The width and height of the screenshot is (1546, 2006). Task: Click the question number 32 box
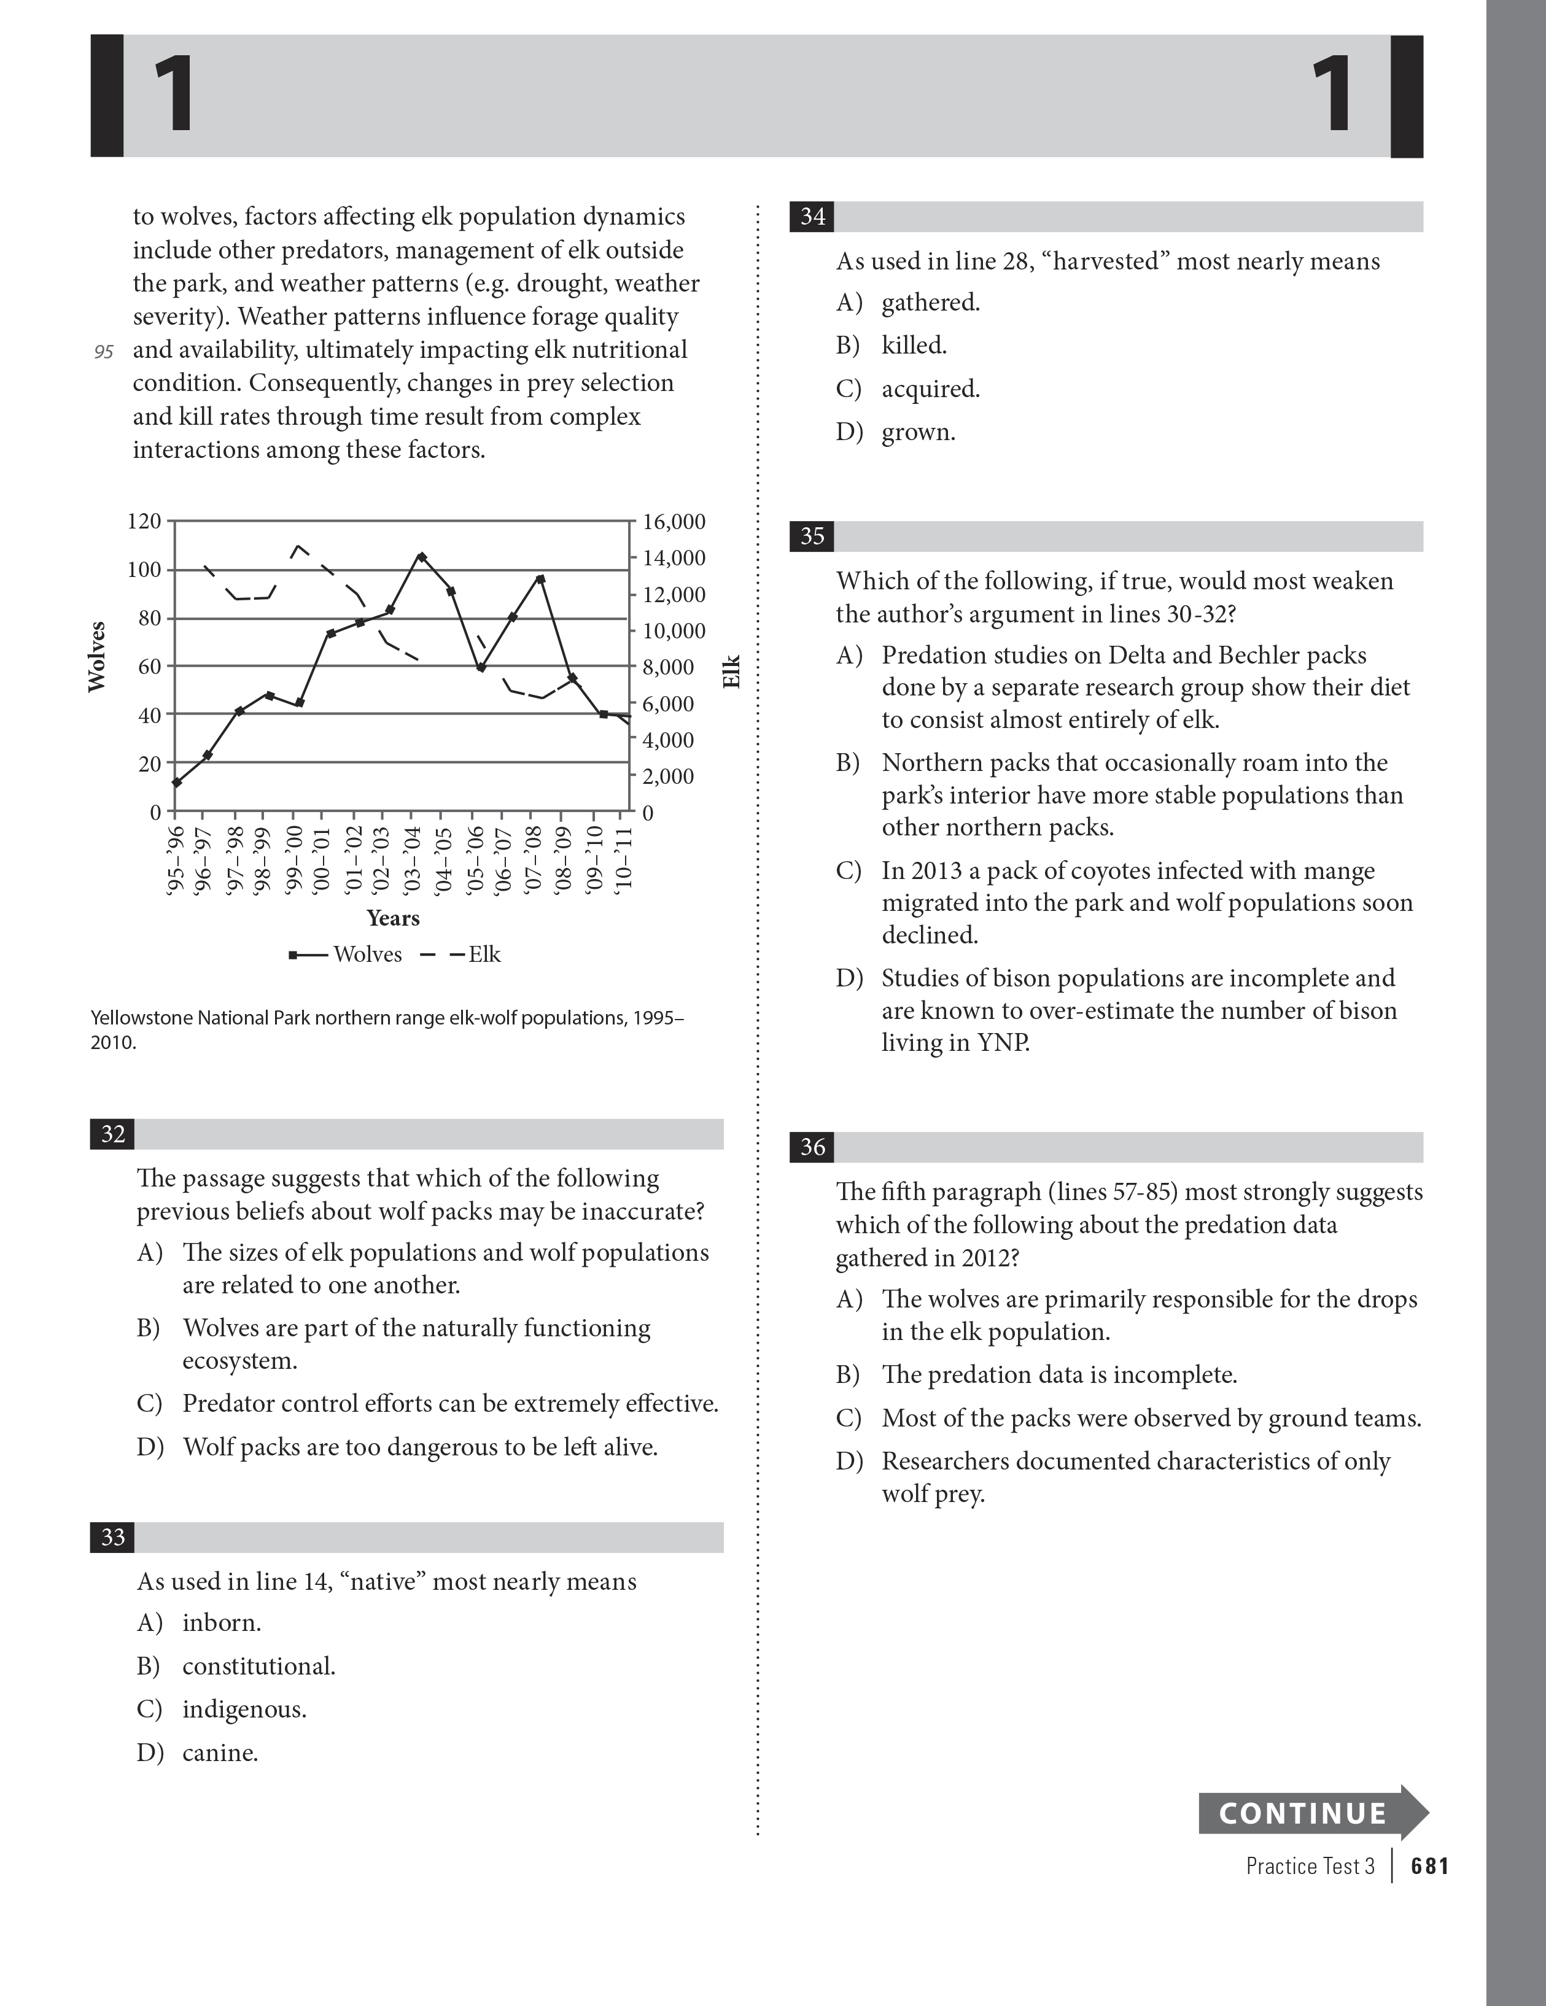(x=112, y=1134)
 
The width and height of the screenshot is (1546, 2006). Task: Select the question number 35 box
(x=812, y=536)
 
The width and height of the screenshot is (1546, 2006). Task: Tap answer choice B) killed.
(x=914, y=346)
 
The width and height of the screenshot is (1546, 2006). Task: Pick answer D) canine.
(x=220, y=1752)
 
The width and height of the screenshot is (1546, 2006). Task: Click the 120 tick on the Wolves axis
(x=143, y=522)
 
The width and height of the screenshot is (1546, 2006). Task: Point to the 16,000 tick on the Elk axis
(x=674, y=522)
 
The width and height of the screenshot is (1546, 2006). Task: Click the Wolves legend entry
(x=346, y=955)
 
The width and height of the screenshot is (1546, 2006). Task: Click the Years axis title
(x=393, y=918)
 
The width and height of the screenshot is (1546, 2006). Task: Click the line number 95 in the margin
(x=104, y=352)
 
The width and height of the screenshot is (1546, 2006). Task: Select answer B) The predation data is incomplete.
(x=1059, y=1375)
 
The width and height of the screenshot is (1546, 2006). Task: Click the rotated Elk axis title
(x=731, y=672)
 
